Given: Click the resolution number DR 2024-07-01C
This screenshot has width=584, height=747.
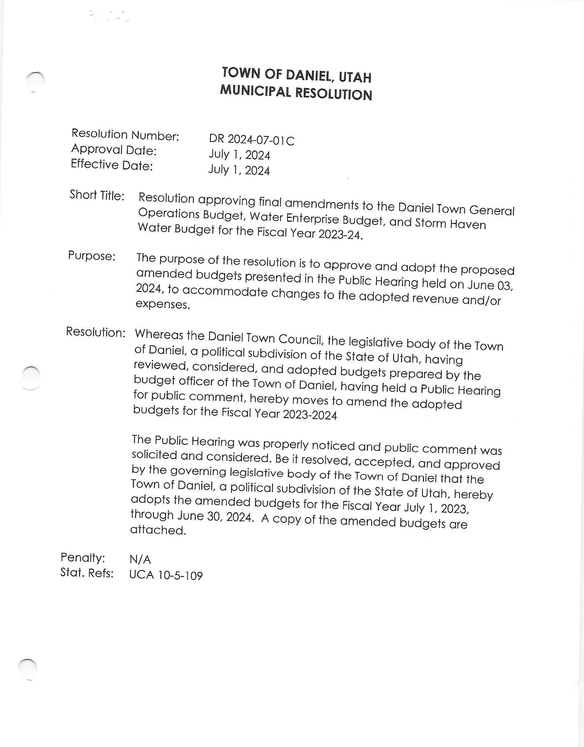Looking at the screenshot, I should pos(251,140).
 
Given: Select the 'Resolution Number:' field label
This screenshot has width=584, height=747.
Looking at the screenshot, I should pos(125,135).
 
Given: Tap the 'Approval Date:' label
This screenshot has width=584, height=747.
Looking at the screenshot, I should pos(114,150).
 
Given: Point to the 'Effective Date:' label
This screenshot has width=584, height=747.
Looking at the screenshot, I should pos(112,165).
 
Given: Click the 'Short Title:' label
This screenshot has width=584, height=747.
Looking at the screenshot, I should pos(97,195).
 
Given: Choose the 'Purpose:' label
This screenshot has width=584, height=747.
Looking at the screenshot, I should pos(92,256).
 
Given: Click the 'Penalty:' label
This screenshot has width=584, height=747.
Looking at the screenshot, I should pos(83,557).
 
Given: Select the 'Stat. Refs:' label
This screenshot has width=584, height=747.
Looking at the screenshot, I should pos(87,572).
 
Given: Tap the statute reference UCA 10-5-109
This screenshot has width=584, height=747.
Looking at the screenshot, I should pos(166,575).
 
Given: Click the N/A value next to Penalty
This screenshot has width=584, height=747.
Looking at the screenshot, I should pos(140,559).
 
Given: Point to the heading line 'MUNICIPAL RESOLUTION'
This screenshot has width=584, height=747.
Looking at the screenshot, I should pos(296,93).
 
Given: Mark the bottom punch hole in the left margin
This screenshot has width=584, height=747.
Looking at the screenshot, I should pos(28,669).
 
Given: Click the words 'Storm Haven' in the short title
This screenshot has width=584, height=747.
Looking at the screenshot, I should pos(450,223).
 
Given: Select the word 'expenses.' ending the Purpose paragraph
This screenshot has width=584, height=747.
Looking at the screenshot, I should pos(163,304).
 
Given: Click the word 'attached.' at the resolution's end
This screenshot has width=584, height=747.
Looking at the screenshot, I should pos(158,530).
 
